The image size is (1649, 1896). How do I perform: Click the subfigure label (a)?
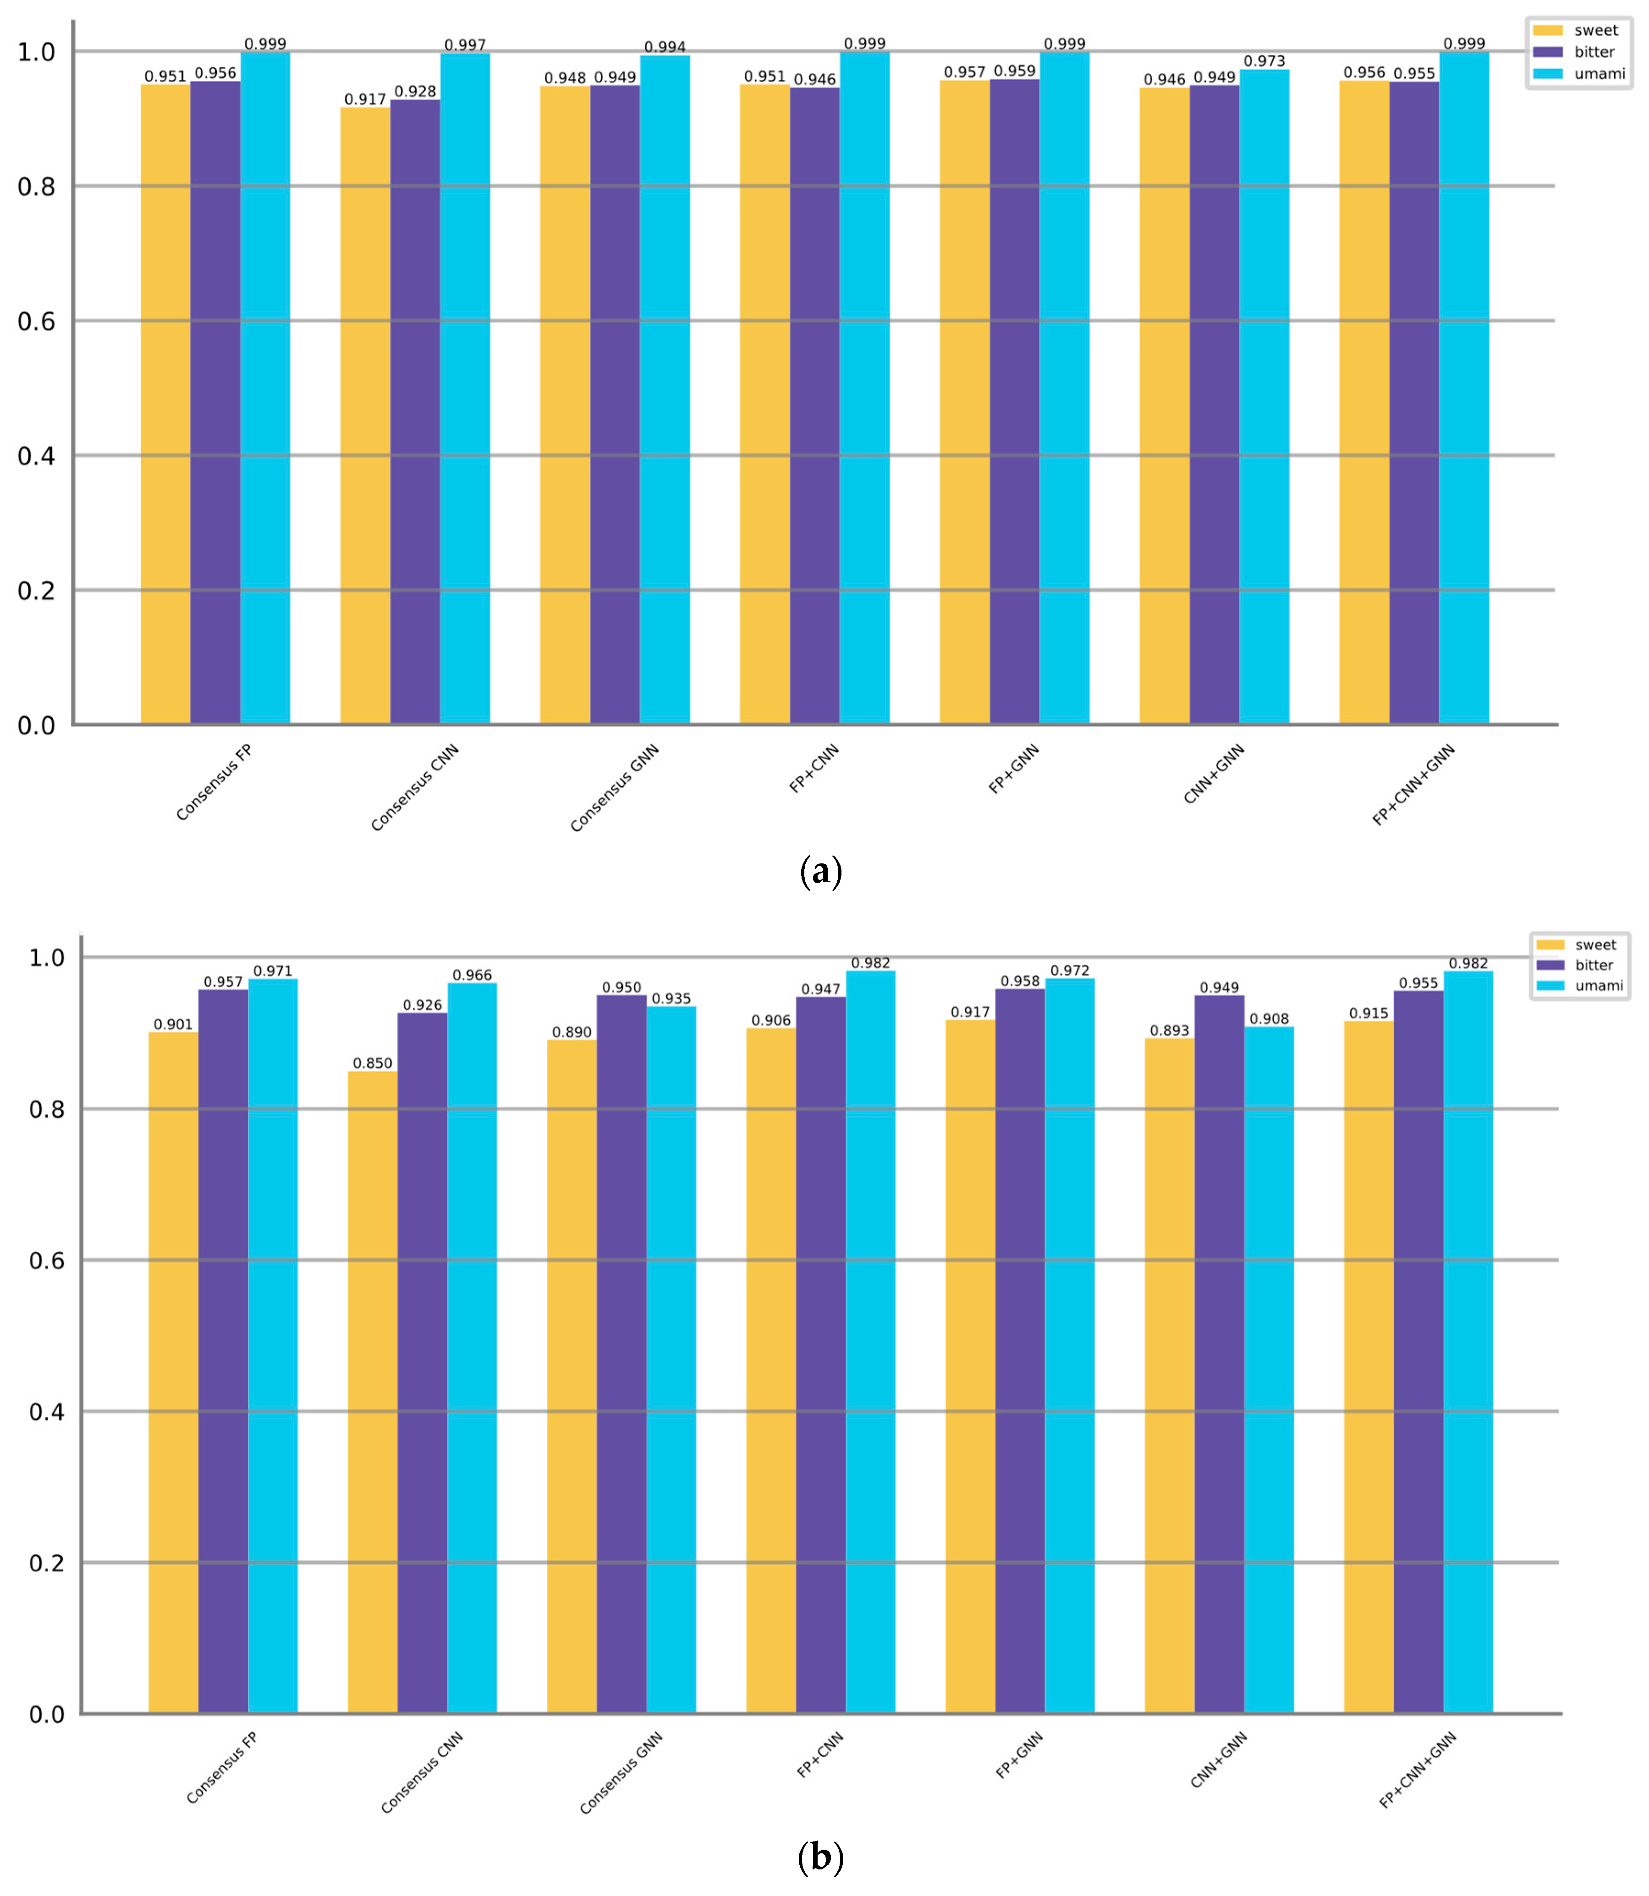coord(821,871)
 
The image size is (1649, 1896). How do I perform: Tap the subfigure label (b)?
coord(821,1857)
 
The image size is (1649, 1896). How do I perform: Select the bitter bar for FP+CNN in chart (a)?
coord(814,405)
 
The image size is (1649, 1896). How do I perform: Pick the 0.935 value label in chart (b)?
coord(671,999)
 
